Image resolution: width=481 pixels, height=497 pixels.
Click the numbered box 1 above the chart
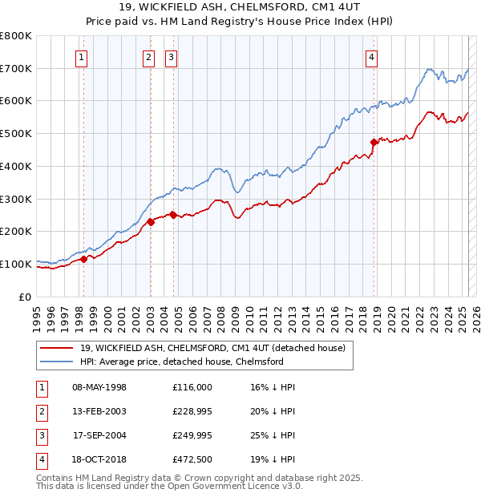click(x=83, y=57)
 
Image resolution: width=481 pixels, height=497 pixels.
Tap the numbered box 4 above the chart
click(x=373, y=57)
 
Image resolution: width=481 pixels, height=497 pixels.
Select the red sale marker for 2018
click(x=374, y=143)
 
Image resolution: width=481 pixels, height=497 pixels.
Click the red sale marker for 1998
click(x=83, y=259)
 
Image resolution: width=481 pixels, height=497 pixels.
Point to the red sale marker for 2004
click(x=173, y=215)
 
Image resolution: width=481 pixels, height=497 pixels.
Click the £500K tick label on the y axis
click(x=16, y=134)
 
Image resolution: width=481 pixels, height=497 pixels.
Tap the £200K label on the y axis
click(x=16, y=232)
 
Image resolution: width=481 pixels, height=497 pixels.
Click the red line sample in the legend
click(x=55, y=348)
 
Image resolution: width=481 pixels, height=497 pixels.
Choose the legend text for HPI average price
click(x=182, y=362)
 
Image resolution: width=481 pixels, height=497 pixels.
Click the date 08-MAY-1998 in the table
click(x=99, y=387)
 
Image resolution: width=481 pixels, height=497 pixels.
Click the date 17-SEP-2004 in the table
click(x=99, y=435)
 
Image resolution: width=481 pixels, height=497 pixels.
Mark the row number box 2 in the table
click(x=41, y=411)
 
